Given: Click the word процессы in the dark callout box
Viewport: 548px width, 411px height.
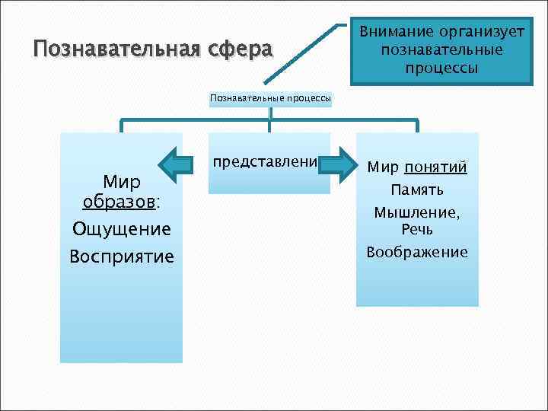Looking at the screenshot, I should point(441,68).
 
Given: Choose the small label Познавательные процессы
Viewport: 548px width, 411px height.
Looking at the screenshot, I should point(270,98).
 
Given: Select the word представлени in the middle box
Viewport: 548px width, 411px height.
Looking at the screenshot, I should point(265,163).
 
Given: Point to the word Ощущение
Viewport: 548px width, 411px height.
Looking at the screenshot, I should point(121,229).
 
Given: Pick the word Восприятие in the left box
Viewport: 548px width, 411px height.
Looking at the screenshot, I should point(121,256).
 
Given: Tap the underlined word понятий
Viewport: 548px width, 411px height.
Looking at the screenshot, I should point(436,168).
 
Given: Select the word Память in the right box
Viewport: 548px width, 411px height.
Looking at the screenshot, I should point(417,190).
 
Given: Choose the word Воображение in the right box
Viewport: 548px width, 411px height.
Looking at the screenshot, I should point(417,253).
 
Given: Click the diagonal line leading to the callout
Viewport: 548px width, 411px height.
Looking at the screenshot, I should point(301,53).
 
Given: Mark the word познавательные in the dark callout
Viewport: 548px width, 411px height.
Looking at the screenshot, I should point(441,50).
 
